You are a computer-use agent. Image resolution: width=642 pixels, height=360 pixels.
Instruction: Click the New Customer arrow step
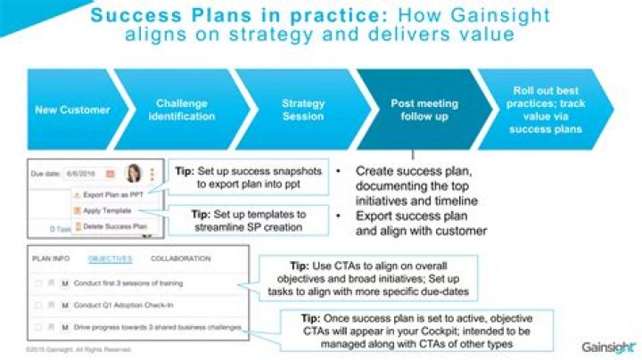tap(72, 110)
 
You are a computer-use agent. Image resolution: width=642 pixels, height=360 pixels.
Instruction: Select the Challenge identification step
tap(181, 110)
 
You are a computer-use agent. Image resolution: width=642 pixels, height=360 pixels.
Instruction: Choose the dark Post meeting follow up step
tap(419, 110)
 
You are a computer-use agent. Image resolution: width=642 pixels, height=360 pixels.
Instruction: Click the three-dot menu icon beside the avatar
tap(152, 174)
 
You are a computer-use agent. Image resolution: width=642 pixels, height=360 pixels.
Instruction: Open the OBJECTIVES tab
tap(111, 258)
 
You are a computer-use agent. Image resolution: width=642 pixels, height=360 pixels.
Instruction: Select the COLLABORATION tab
tap(180, 258)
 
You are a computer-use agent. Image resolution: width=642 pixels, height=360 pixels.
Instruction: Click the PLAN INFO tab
tap(51, 258)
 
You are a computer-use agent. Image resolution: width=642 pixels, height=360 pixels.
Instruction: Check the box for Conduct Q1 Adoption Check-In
tap(38, 305)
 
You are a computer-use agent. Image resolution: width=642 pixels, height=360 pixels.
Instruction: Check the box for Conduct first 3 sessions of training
tap(38, 282)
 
